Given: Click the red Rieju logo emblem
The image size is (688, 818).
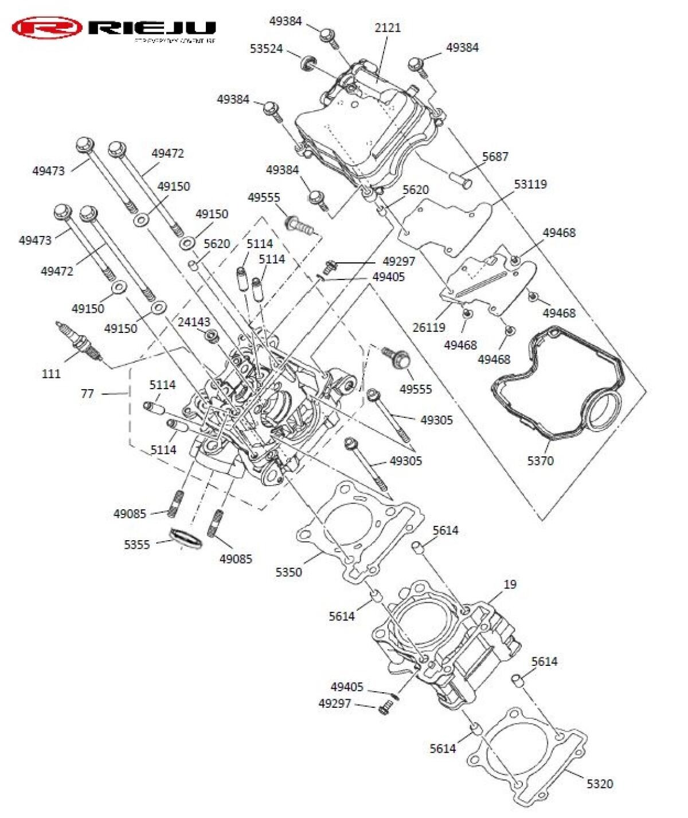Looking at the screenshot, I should coord(47,28).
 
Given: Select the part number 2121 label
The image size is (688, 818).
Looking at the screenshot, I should coord(388,28).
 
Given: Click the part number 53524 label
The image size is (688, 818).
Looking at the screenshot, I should coord(266,49).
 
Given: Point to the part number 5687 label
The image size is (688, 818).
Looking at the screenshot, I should coord(495,156).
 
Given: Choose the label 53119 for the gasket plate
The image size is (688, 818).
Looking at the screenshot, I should coord(530,184).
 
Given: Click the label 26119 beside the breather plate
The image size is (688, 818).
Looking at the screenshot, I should coord(428,327).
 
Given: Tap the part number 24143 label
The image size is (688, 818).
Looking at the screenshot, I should coord(194,322).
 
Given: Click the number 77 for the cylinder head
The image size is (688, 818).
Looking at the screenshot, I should coord(87,394).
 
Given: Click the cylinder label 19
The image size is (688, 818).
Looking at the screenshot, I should coord(510,584).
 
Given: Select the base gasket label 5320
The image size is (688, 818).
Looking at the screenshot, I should coord(600,784).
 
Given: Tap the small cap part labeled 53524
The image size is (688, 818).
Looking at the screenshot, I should coord(309,60).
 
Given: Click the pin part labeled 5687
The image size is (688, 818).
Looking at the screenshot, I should coord(460,180).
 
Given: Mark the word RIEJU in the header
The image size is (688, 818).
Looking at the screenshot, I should coord(153,27).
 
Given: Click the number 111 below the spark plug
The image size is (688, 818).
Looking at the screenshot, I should coord(51,374).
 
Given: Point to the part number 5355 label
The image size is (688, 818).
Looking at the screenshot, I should coord(137,544).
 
